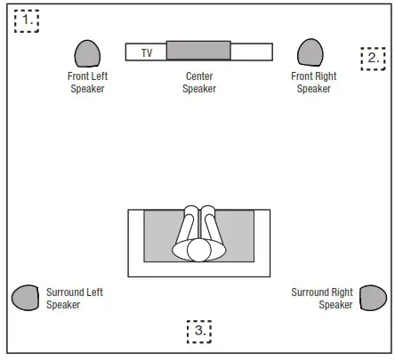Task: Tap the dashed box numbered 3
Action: (x=199, y=331)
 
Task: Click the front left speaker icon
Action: (x=87, y=54)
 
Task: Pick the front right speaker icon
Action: (x=309, y=53)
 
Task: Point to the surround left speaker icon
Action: (x=26, y=298)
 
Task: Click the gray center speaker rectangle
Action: (x=197, y=51)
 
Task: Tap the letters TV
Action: (x=147, y=53)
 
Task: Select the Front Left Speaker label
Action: (x=87, y=83)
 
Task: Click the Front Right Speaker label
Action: (x=313, y=83)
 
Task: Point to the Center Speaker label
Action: (x=199, y=83)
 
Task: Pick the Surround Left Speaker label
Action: (x=76, y=299)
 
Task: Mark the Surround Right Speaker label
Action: (x=322, y=299)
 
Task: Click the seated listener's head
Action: (x=198, y=251)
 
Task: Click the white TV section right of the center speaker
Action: (x=251, y=52)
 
